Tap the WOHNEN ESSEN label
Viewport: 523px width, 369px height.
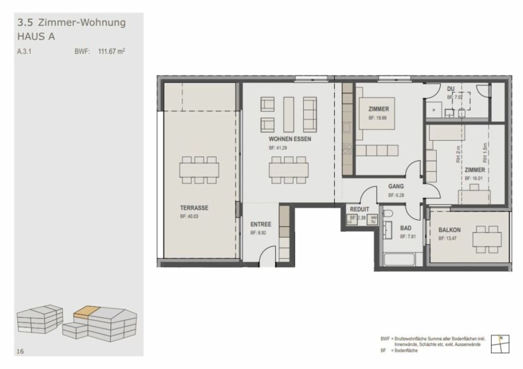[x=290, y=140]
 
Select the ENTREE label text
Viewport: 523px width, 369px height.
[x=260, y=224]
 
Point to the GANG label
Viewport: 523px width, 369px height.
[x=395, y=186]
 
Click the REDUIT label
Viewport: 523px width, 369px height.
[x=360, y=209]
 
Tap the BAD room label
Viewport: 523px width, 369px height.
[x=405, y=228]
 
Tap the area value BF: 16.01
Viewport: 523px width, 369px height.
[x=474, y=179]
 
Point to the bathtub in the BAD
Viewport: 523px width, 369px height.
[x=399, y=259]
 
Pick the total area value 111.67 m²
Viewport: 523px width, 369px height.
[x=111, y=52]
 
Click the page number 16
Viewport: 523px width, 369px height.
[x=20, y=352]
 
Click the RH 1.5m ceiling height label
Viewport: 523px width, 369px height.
[x=485, y=151]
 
